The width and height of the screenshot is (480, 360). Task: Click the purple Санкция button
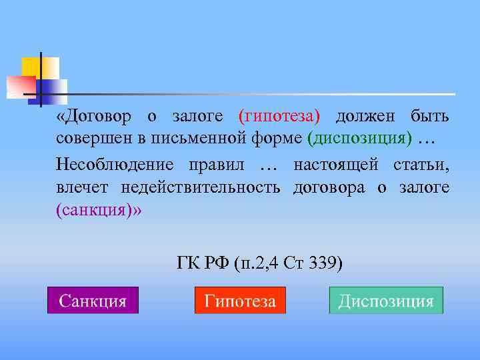tap(93, 301)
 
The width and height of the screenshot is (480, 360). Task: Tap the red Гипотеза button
tap(240, 301)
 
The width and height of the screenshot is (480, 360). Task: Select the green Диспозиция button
tap(386, 301)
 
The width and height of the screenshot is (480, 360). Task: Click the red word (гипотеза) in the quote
tap(279, 116)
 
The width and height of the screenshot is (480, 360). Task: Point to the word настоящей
tap(336, 164)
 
